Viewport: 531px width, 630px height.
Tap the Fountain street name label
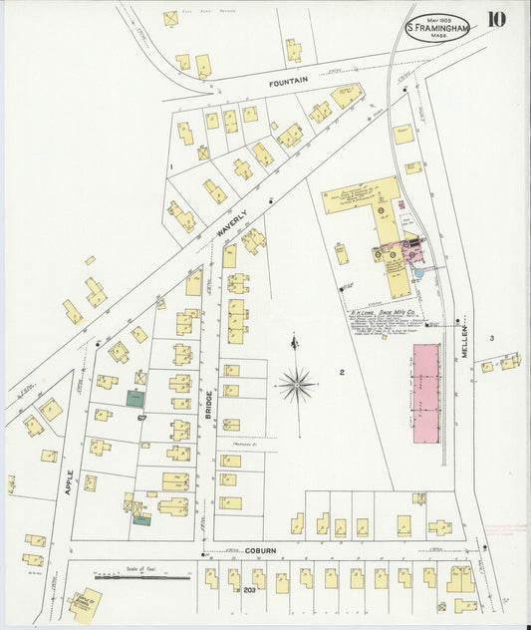click(x=288, y=79)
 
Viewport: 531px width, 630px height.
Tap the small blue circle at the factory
click(x=417, y=271)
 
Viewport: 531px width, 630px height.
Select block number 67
click(x=142, y=417)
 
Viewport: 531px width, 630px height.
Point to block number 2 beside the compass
click(x=341, y=373)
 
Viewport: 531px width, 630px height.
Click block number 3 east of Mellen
click(x=491, y=339)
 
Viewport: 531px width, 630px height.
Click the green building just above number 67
click(x=134, y=398)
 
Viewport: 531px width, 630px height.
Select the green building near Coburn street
click(x=142, y=519)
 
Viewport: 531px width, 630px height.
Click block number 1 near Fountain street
click(x=171, y=165)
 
